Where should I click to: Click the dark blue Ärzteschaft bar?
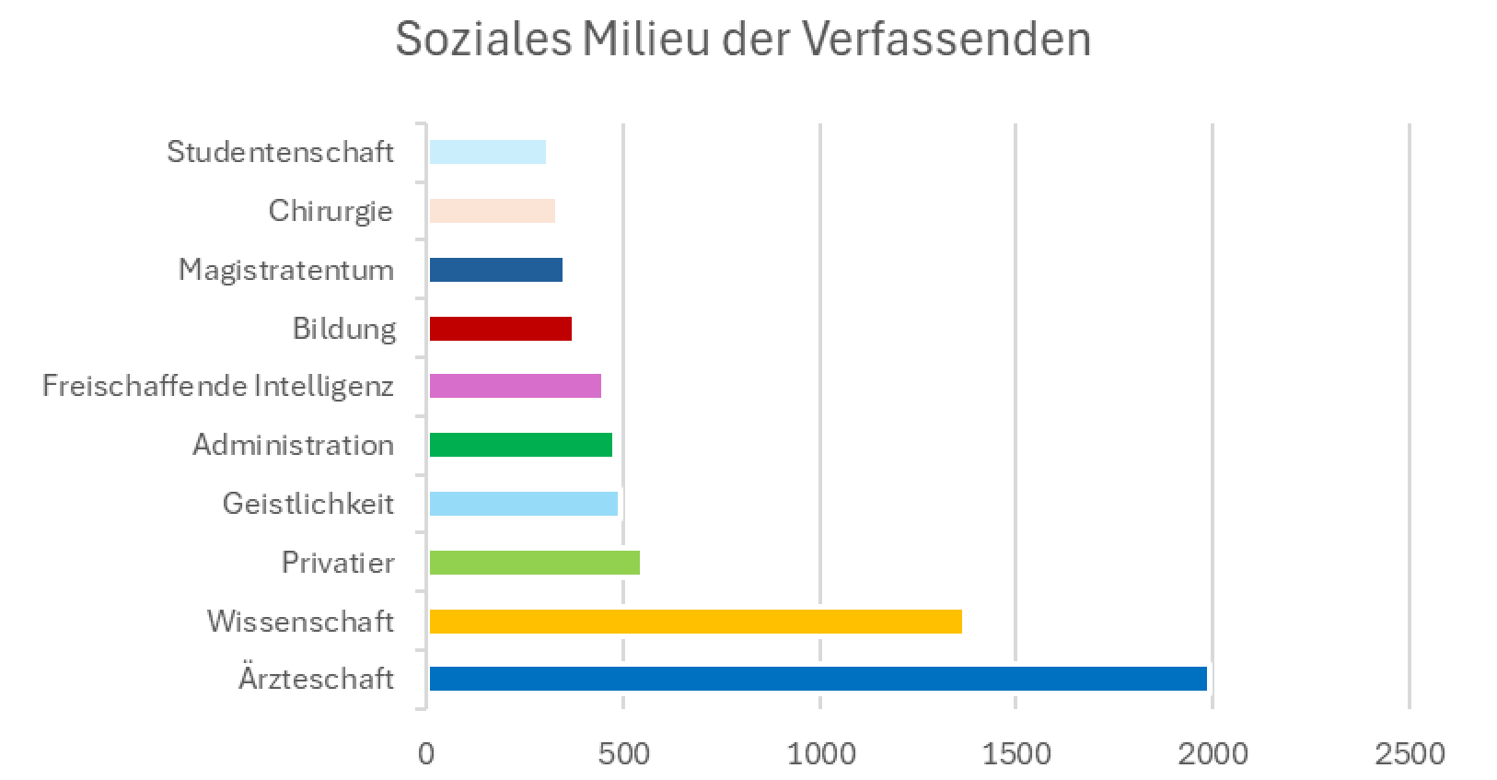(x=818, y=679)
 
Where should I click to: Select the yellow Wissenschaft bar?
(x=695, y=622)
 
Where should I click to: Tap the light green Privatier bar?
(x=534, y=563)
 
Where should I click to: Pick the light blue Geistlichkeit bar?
(x=523, y=504)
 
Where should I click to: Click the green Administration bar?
(x=520, y=445)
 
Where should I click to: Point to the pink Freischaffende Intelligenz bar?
(x=515, y=386)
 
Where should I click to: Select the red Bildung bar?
(x=500, y=329)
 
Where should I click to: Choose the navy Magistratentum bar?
(x=495, y=270)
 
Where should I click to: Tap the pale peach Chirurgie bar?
(x=492, y=211)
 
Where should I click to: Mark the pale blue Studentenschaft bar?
(x=487, y=152)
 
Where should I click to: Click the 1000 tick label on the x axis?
(x=820, y=754)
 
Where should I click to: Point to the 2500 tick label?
(x=1410, y=754)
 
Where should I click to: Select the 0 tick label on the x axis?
(x=426, y=754)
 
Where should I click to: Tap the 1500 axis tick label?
(x=1016, y=754)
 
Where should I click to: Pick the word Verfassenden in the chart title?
(x=946, y=40)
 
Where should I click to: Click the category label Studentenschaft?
(x=280, y=152)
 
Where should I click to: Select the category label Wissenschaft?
(x=300, y=622)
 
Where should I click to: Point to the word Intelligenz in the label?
(x=323, y=386)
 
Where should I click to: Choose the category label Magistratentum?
(x=285, y=270)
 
